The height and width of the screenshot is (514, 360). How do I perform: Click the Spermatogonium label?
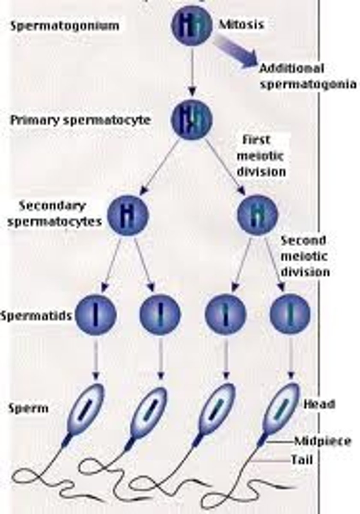pyautogui.click(x=65, y=26)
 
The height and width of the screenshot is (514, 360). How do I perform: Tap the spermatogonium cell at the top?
pyautogui.click(x=192, y=26)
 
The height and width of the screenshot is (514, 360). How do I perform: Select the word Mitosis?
pyautogui.click(x=241, y=24)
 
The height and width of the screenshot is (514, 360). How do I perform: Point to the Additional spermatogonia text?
pyautogui.click(x=307, y=76)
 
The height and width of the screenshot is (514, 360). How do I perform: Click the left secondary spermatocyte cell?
pyautogui.click(x=127, y=214)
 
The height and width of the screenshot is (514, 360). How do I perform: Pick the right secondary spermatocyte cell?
pyautogui.click(x=257, y=214)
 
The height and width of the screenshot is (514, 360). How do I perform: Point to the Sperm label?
pyautogui.click(x=28, y=408)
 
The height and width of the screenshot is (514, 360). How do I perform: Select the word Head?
pyautogui.click(x=319, y=404)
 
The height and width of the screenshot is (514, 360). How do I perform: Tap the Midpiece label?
pyautogui.click(x=322, y=441)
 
